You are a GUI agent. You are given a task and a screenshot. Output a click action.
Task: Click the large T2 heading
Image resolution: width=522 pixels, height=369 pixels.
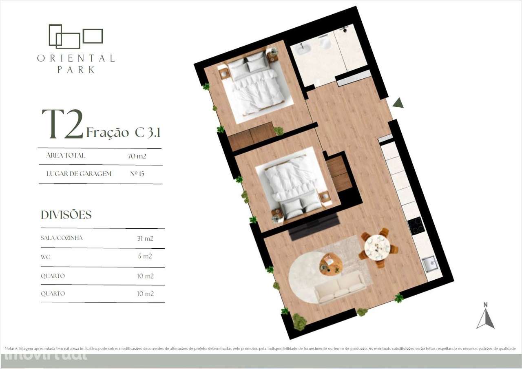tap(62, 124)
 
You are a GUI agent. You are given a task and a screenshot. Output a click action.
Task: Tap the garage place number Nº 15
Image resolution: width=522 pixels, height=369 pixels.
tap(137, 174)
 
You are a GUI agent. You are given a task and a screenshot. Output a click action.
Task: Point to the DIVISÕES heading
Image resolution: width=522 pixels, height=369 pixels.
tap(66, 215)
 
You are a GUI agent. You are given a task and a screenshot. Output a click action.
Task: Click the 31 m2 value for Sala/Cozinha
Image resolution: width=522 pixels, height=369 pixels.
tap(145, 239)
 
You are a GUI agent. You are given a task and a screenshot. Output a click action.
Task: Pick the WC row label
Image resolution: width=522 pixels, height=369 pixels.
tap(45, 257)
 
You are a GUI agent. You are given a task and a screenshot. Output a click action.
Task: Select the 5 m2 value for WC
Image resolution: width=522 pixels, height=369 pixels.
tap(145, 256)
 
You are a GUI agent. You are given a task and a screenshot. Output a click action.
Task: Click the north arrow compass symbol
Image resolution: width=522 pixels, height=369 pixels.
tap(485, 316)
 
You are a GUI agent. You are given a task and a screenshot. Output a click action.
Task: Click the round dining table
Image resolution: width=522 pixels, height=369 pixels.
tap(377, 247)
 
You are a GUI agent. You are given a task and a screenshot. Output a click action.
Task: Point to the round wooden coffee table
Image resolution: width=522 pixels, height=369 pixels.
tap(331, 263)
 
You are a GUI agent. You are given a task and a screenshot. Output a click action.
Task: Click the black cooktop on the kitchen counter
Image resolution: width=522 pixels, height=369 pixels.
tap(416, 225)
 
